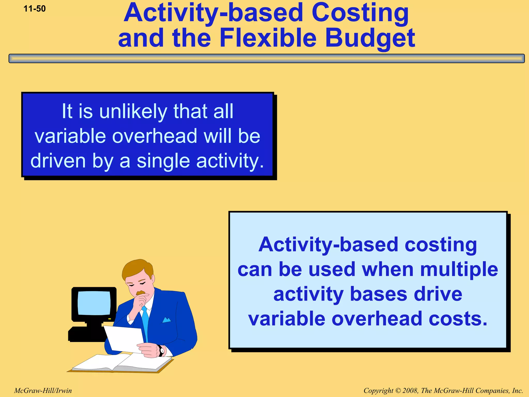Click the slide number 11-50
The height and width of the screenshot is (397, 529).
pos(35,9)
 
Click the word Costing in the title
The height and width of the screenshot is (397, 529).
pos(360,13)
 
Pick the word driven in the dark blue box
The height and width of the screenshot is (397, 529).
pos(58,161)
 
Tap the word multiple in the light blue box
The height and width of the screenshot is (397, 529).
pos(459,269)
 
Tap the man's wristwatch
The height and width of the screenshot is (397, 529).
pos(161,351)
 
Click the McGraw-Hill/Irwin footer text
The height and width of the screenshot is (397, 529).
pos(43,391)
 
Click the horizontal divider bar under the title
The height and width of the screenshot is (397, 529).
pos(266,58)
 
